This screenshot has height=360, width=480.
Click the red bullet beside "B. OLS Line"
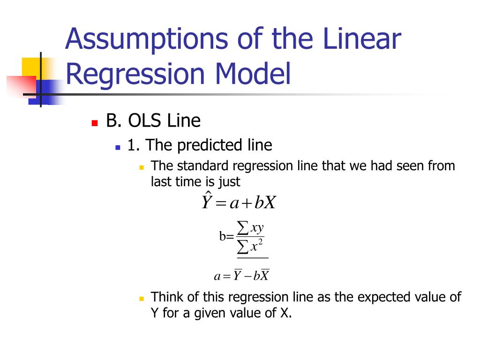[94, 123]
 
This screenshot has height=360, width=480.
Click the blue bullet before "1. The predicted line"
[118, 147]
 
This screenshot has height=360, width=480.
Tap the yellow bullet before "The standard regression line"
[141, 167]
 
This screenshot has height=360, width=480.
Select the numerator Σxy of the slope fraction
[250, 228]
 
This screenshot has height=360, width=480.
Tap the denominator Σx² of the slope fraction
[250, 246]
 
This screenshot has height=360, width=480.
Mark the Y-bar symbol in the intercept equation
[238, 276]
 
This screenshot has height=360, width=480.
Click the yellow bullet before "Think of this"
[141, 299]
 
